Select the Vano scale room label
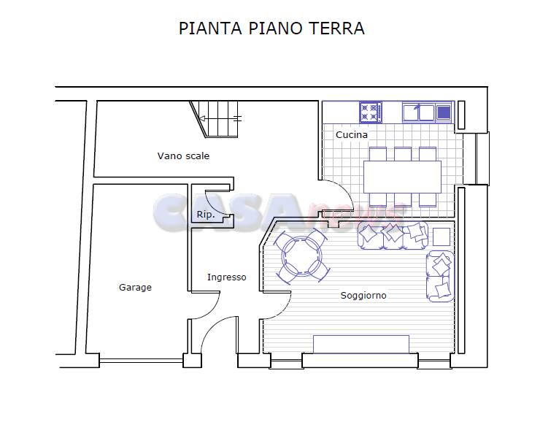tap(183, 156)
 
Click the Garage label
tap(135, 288)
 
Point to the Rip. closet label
tap(205, 215)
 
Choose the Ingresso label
tap(226, 277)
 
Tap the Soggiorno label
tap(363, 296)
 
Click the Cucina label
tap(352, 135)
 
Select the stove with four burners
tap(370, 112)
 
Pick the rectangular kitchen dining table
tap(402, 177)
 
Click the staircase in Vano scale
tap(217, 120)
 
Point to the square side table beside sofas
tap(442, 237)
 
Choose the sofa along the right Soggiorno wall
tap(440, 276)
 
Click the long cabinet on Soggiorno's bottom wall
tap(361, 343)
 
